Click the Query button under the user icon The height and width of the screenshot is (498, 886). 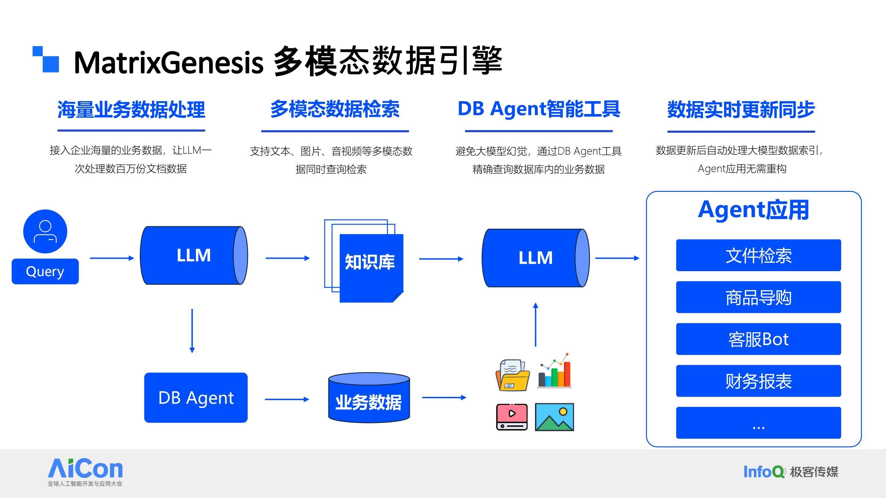click(45, 271)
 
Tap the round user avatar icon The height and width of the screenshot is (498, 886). click(45, 231)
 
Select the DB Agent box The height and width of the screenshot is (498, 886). click(196, 398)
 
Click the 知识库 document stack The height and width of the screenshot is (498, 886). click(364, 261)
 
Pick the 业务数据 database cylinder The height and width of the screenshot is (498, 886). click(369, 398)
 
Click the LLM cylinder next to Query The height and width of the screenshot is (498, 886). click(194, 255)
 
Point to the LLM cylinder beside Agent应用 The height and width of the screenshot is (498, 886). click(536, 258)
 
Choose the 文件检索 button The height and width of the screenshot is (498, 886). click(758, 255)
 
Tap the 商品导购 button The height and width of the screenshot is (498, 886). click(758, 297)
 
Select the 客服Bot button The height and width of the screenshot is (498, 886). click(758, 339)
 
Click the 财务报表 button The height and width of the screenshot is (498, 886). click(758, 381)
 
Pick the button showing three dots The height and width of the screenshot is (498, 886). click(758, 423)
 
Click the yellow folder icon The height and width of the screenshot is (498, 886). click(513, 375)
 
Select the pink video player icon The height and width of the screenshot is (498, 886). click(512, 417)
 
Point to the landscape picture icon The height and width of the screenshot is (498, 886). click(554, 417)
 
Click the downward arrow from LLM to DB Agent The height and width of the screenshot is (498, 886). click(192, 331)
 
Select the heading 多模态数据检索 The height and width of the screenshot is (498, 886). click(335, 109)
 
